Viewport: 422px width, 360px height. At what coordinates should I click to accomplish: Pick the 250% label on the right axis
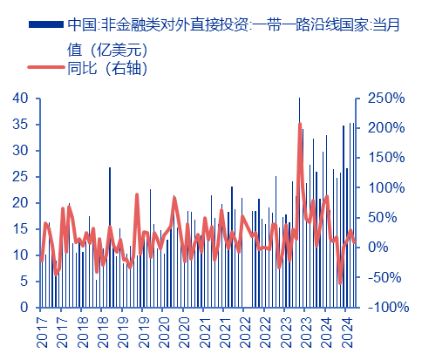tap(385, 98)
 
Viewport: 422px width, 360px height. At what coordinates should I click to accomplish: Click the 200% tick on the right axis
tap(385, 128)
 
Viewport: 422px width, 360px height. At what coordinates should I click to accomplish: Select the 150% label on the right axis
tap(385, 158)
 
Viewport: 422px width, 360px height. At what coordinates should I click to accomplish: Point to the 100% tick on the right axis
tap(385, 188)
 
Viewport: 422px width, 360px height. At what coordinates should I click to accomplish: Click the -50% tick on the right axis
tap(385, 278)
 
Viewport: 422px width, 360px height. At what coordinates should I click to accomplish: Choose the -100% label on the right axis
tap(387, 308)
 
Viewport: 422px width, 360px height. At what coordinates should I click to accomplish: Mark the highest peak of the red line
tap(300, 124)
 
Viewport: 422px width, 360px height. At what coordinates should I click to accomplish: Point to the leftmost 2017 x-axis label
tap(41, 332)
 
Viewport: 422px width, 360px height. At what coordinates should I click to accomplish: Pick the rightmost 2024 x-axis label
tap(347, 332)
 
